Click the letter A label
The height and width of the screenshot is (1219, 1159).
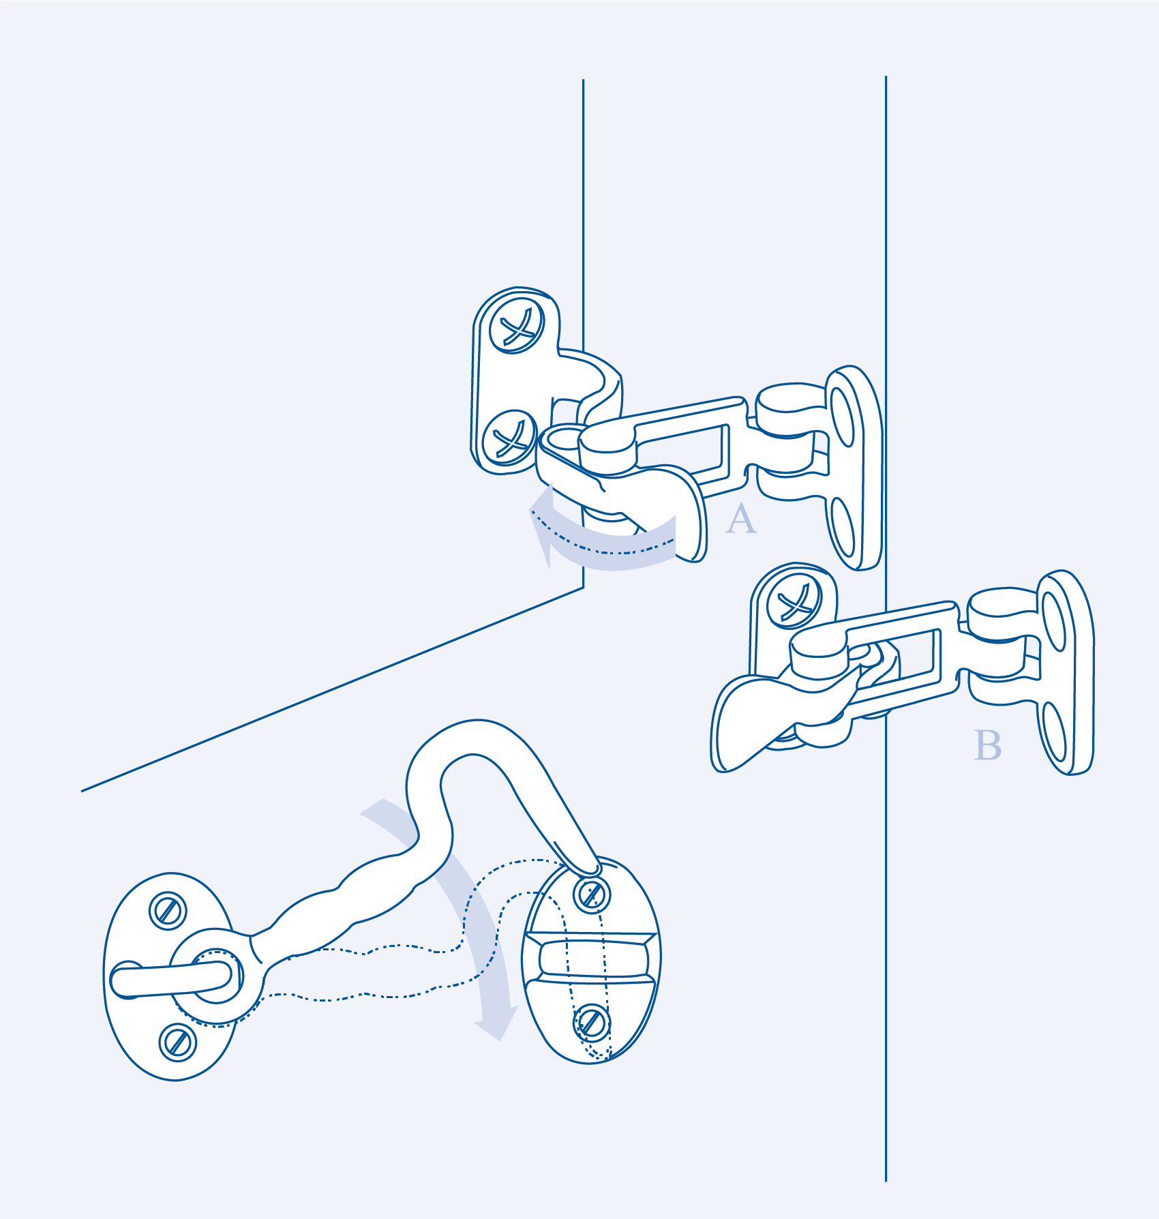point(741,520)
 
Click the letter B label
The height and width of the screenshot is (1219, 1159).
point(988,745)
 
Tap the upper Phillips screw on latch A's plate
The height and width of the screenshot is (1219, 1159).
point(517,325)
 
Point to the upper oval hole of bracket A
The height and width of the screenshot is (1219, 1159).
point(843,417)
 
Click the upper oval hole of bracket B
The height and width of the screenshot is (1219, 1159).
point(1054,622)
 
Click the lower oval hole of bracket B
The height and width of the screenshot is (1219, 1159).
point(1054,733)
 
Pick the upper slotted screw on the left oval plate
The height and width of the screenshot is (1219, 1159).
point(168,911)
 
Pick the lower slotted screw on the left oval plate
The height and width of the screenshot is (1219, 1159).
point(178,1042)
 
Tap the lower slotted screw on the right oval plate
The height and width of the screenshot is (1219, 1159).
point(592,1023)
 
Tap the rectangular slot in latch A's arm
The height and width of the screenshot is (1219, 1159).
point(682,450)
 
